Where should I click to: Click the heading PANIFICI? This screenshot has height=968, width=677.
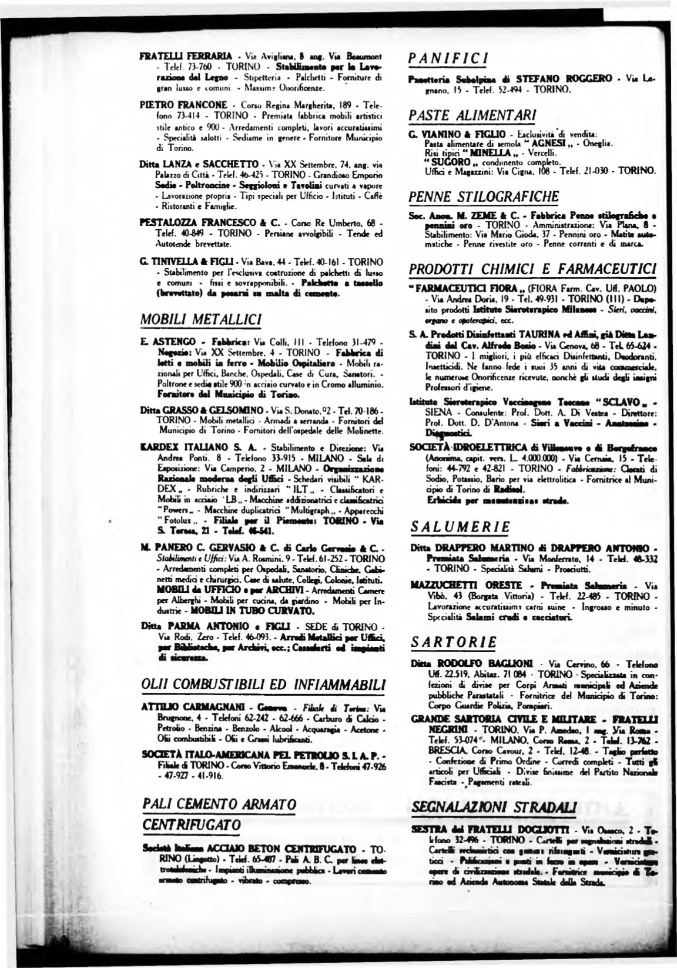[449, 59]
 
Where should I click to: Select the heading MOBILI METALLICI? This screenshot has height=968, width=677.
[193, 319]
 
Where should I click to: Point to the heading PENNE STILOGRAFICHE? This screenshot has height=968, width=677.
[484, 196]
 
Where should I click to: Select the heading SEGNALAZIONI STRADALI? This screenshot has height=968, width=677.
[495, 806]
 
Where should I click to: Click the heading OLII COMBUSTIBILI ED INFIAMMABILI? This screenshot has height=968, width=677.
[264, 685]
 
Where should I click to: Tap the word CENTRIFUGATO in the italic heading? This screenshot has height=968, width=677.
[192, 824]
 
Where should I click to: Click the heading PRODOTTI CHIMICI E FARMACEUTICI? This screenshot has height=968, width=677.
[532, 269]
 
